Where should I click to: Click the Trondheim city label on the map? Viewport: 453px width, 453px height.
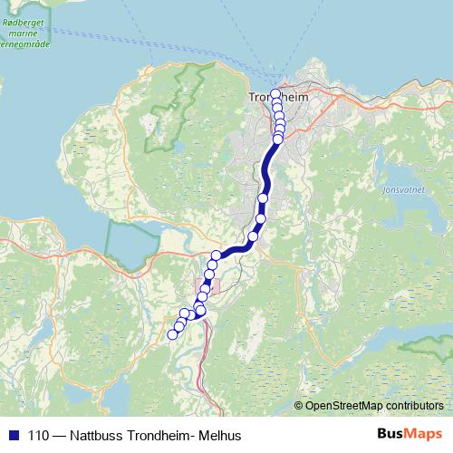[x=280, y=97]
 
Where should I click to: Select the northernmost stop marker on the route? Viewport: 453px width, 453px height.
[x=275, y=93]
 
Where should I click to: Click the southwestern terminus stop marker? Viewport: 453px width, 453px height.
[x=172, y=334]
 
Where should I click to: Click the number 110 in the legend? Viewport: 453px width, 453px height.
[x=38, y=435]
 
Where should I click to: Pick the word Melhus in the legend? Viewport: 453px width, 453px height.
[x=220, y=435]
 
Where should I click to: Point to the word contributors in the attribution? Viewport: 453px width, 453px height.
[x=413, y=405]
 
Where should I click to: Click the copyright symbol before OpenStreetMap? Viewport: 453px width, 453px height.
[x=299, y=405]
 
